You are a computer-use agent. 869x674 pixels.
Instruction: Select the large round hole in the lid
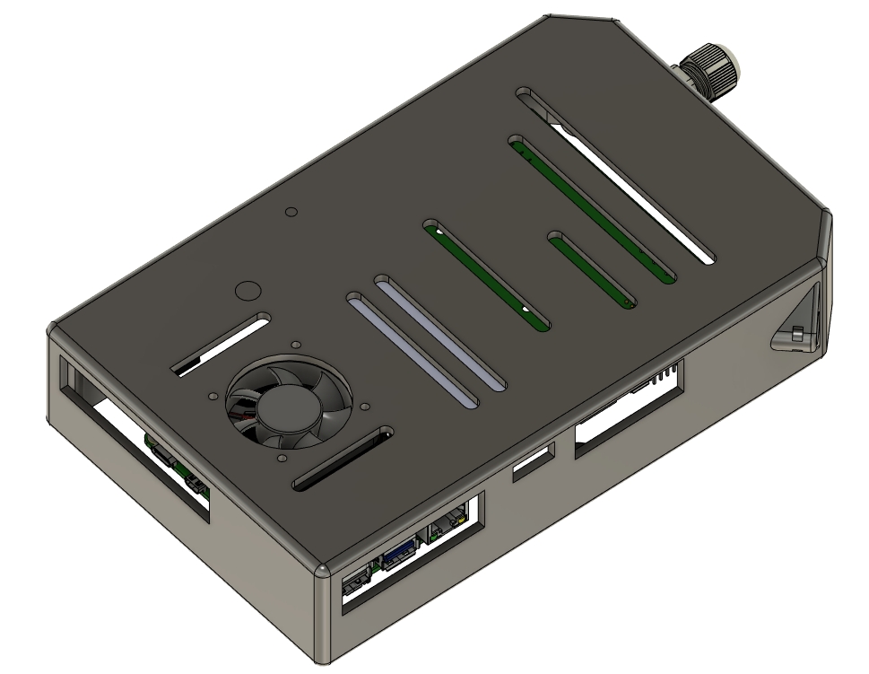[247, 292]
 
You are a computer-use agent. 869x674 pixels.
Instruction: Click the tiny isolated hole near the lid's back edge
[290, 213]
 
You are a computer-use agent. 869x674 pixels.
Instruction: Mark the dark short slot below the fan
[341, 460]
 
